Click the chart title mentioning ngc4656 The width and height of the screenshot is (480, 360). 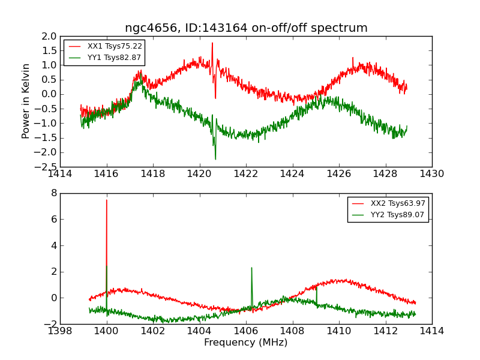(246, 28)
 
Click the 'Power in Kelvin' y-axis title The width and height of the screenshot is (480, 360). (26, 101)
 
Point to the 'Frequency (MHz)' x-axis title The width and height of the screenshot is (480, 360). (246, 343)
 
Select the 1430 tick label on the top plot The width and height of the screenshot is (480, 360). (431, 174)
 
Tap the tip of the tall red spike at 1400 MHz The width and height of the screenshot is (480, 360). (107, 200)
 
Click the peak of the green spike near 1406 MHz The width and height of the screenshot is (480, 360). (251, 268)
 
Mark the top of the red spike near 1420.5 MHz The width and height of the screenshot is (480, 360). (212, 43)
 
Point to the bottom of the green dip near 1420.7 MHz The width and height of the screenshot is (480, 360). (215, 159)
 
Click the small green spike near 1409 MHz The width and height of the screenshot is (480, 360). (316, 286)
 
